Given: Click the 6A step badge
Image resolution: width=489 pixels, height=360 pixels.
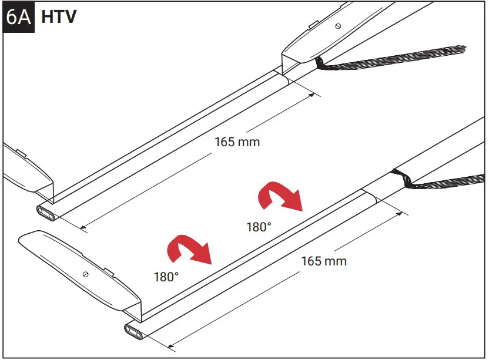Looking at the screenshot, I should click(x=18, y=16).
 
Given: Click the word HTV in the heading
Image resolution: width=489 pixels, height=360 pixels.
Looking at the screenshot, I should click(x=59, y=16).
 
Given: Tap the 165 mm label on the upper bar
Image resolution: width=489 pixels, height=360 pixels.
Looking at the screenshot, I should click(x=237, y=142).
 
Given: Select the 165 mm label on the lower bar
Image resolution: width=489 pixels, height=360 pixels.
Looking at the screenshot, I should click(x=324, y=261).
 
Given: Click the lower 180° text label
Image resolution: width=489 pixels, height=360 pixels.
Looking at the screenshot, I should click(x=166, y=276).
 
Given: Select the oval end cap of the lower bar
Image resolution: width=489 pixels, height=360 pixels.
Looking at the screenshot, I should click(x=135, y=332).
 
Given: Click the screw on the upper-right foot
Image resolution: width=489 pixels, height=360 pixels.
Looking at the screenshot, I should click(x=337, y=26).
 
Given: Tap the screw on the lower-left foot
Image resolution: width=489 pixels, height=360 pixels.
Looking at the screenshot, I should click(x=86, y=274).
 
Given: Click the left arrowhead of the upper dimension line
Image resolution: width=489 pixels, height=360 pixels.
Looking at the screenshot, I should click(x=82, y=227).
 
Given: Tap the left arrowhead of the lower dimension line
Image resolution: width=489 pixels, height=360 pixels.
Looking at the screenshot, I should click(x=170, y=346).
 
